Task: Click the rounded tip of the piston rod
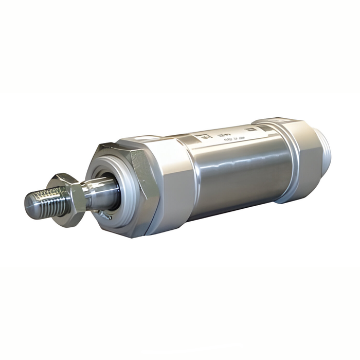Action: pos(28,203)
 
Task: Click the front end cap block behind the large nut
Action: pos(170,185)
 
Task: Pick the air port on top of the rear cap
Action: pos(278,121)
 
